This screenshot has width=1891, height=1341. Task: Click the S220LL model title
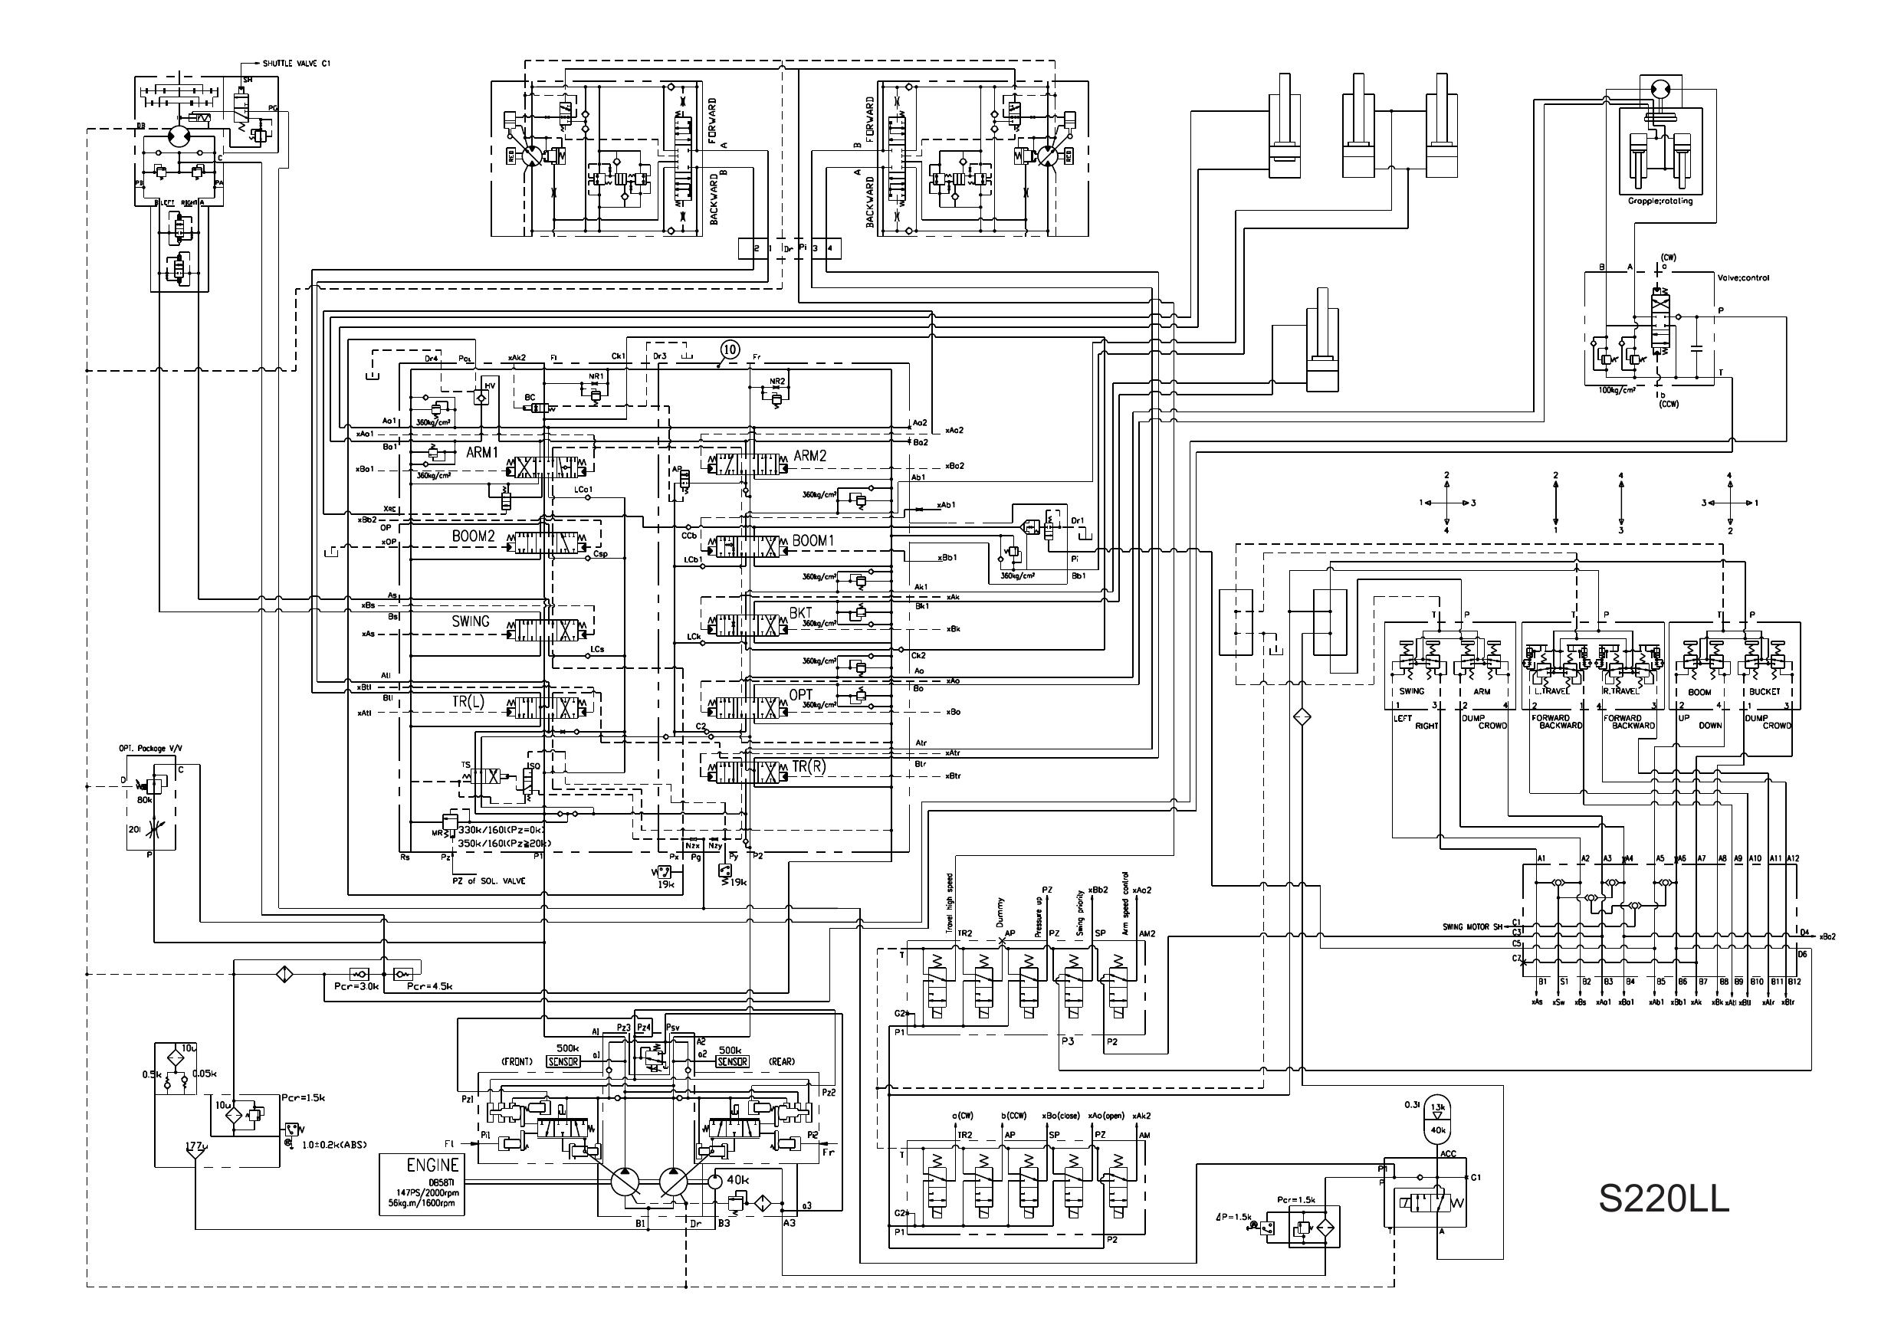coord(1663,1199)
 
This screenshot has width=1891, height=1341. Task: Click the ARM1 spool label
coord(481,454)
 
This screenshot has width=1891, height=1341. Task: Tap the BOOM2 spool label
coord(472,536)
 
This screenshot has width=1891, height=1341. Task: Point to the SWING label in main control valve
coord(470,621)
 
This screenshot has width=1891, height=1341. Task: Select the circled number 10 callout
coord(729,350)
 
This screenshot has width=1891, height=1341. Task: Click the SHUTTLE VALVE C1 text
coord(297,64)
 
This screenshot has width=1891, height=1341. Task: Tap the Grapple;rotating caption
coord(1660,202)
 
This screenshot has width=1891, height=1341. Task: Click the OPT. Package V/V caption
coord(150,748)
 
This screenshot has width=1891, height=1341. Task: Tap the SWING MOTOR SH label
coord(1472,926)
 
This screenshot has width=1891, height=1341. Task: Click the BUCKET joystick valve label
coord(1764,692)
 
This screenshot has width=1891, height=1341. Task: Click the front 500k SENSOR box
coord(563,1062)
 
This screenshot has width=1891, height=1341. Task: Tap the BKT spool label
coord(800,614)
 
